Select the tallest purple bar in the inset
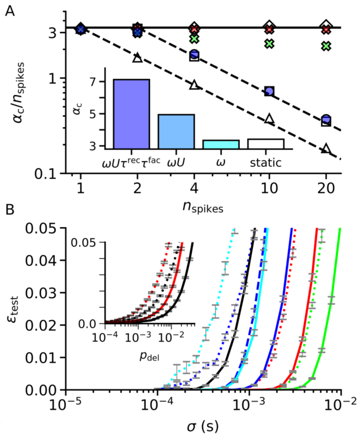pos(131,114)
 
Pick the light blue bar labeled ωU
pos(176,131)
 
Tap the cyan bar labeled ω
pos(221,144)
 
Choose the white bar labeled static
pos(266,144)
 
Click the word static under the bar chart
pos(266,162)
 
